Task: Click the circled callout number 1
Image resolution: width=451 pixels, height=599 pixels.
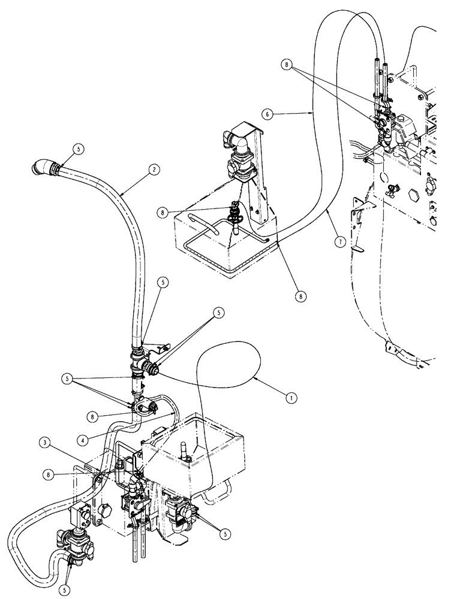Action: point(290,396)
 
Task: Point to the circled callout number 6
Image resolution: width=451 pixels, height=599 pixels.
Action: point(267,111)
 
